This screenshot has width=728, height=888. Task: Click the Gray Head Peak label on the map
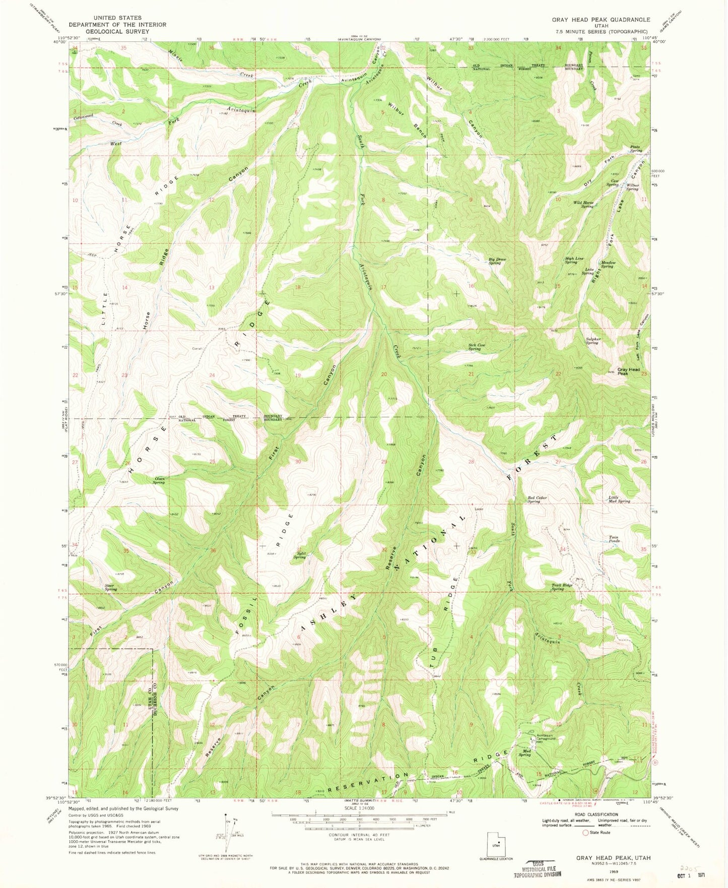[x=628, y=371]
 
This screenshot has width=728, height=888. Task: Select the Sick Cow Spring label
[x=476, y=347]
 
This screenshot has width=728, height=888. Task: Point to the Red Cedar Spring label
[x=537, y=499]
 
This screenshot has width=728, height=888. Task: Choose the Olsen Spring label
[x=158, y=480]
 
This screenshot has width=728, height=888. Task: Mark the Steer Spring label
[x=110, y=587]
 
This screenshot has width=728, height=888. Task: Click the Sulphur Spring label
[x=593, y=341]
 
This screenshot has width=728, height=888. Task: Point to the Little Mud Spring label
[x=619, y=499]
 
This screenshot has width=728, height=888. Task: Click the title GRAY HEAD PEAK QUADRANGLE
[x=601, y=20]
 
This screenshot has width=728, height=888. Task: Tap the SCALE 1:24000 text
[x=359, y=808]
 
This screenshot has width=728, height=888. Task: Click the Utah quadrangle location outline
[x=496, y=844]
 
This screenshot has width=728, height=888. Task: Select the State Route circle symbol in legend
[x=585, y=833]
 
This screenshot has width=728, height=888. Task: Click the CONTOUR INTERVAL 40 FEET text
[x=359, y=835]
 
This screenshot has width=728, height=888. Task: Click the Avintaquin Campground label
[x=545, y=737]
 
